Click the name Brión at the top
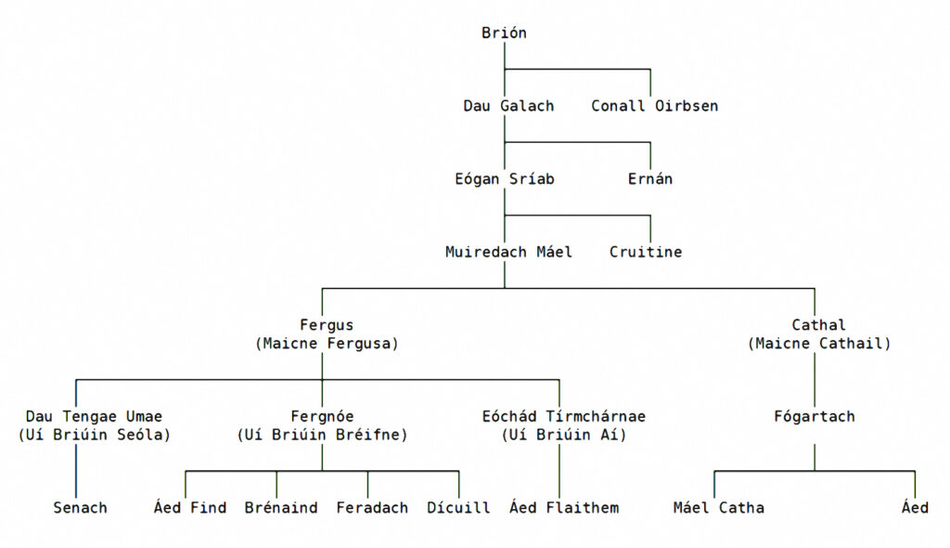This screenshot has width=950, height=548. tap(504, 33)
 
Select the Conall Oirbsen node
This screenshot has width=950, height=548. tap(654, 106)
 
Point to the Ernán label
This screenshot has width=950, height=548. tap(649, 179)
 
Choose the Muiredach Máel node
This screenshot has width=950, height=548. tap(508, 252)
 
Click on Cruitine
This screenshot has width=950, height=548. tap(645, 252)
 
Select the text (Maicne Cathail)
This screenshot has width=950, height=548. tap(819, 344)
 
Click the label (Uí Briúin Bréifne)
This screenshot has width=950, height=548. tap(322, 435)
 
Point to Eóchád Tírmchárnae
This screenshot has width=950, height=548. tap(563, 417)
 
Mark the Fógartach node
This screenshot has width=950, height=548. tap(815, 417)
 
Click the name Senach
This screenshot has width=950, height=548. tap(80, 508)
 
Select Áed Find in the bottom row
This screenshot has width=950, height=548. tap(189, 508)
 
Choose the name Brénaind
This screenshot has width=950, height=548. tap(281, 508)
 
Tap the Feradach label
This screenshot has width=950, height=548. tap(372, 508)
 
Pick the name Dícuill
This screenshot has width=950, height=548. tap(458, 508)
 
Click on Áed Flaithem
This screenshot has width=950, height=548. tap(563, 508)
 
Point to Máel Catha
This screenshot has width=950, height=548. tap(718, 508)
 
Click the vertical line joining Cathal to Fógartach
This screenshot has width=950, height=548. tap(815, 379)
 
